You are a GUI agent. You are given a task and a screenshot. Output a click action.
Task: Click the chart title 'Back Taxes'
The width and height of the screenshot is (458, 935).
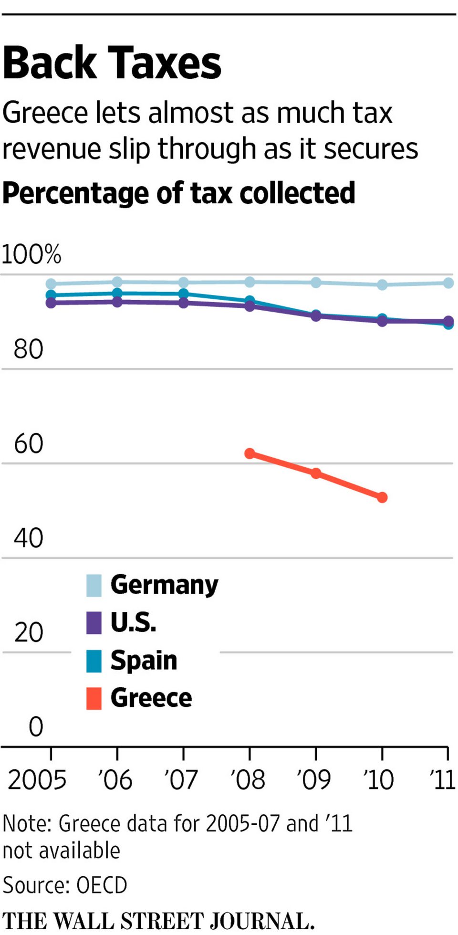(112, 63)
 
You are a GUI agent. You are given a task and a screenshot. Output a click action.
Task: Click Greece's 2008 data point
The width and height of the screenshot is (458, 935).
(250, 453)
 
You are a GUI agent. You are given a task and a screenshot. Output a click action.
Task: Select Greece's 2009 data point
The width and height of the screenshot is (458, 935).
(316, 473)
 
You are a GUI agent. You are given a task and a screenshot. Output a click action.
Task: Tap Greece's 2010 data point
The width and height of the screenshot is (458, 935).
(382, 497)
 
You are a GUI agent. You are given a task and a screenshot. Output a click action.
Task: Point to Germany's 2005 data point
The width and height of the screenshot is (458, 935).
(51, 284)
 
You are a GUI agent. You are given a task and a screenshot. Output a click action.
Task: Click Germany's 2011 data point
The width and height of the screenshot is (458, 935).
(448, 283)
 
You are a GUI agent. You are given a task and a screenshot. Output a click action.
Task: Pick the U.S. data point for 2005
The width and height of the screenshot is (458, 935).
(51, 302)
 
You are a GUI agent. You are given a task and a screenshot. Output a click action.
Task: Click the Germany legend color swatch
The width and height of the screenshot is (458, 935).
(94, 586)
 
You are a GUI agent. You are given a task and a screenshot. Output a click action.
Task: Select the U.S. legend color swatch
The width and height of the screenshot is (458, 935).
(94, 623)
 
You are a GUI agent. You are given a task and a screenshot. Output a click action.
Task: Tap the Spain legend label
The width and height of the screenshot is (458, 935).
(144, 661)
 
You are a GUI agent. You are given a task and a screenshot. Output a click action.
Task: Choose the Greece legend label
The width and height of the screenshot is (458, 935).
(151, 698)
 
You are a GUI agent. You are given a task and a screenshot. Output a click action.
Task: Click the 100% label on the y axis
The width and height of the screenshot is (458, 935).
(31, 254)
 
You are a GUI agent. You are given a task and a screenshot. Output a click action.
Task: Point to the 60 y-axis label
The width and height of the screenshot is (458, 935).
(29, 444)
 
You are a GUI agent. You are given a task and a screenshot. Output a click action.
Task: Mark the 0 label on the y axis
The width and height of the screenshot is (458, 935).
(36, 727)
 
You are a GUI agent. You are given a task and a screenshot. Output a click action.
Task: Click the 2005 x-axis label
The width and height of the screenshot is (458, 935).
(37, 780)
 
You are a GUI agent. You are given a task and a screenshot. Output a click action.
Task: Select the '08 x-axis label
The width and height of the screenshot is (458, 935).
(248, 780)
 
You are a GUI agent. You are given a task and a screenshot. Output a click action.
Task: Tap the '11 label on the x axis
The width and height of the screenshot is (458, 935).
(442, 780)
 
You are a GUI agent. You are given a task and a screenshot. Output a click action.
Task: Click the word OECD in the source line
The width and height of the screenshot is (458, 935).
(102, 885)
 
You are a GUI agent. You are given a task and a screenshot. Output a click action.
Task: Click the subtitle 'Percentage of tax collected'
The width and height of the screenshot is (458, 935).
(179, 193)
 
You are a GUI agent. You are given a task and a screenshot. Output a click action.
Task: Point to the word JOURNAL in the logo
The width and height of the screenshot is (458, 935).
(262, 921)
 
